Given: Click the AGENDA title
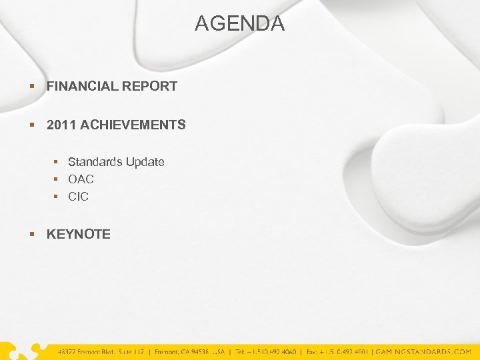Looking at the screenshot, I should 239,24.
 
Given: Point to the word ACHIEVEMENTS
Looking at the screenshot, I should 133,125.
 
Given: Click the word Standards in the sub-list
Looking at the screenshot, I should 95,162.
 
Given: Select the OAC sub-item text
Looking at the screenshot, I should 81,179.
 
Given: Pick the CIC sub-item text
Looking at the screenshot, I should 78,197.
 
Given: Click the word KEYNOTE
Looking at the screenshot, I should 79,234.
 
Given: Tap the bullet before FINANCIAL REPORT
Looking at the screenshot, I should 32,86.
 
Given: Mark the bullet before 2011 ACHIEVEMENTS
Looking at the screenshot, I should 32,125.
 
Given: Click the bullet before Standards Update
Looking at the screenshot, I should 57,162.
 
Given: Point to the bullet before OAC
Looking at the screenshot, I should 57,179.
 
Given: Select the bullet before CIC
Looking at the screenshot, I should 57,197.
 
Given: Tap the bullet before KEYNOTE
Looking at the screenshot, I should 32,234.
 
